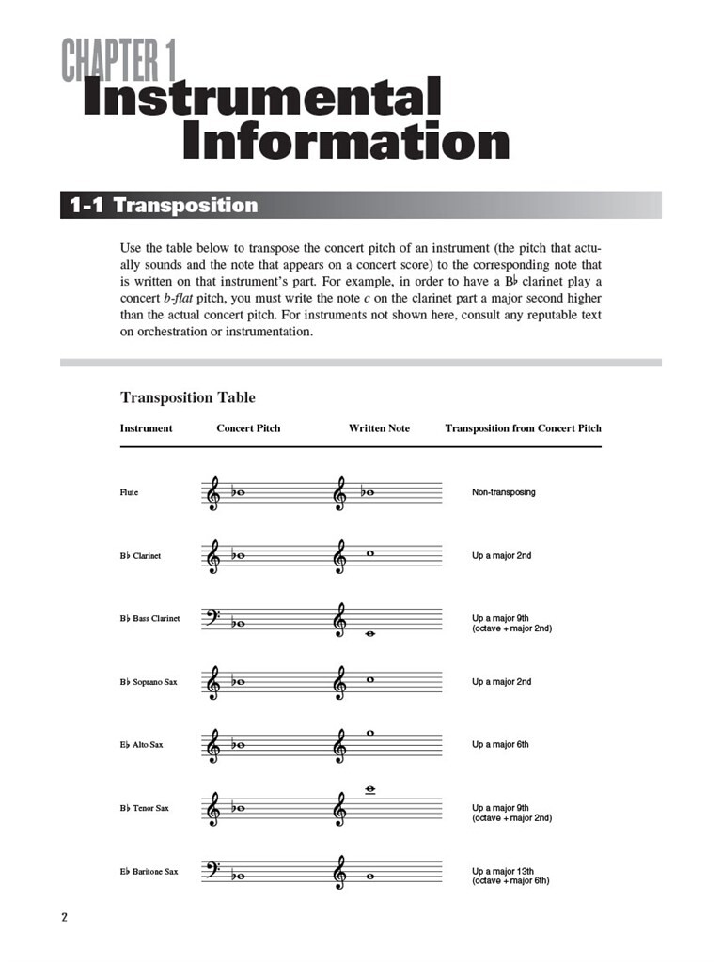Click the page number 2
click(65, 918)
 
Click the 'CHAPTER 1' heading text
click(119, 61)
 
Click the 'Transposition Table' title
click(187, 397)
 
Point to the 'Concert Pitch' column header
click(248, 428)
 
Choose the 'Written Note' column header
click(379, 428)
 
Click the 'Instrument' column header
click(146, 428)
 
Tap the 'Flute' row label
click(129, 492)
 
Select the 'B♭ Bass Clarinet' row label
click(149, 619)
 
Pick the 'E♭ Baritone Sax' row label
click(149, 872)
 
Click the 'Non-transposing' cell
click(503, 492)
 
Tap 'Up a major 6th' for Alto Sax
click(500, 745)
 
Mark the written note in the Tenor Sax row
click(370, 790)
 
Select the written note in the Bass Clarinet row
click(370, 634)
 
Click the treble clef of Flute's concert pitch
click(214, 492)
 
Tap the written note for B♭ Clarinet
click(370, 552)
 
